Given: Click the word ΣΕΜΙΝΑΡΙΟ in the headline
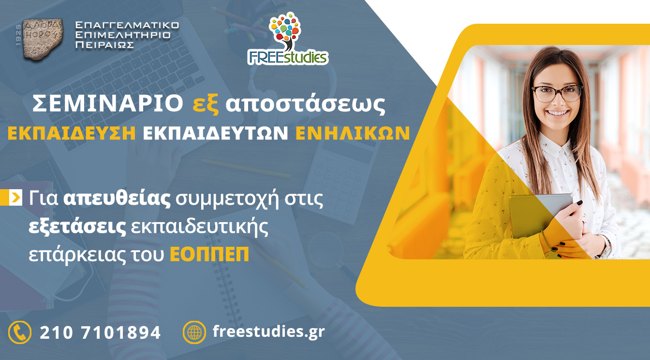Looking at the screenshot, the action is point(108,104).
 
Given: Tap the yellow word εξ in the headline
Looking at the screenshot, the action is point(206,105).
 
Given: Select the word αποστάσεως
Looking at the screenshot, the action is point(306,104).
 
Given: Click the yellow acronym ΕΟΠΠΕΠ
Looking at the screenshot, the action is point(209,254).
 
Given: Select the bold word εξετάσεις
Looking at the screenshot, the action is point(77,227).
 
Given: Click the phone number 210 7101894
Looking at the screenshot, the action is point(100,333).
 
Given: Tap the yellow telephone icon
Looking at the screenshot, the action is point(20,332).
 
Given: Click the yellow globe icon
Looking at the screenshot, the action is point(194,332).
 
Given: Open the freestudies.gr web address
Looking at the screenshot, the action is point(269,332).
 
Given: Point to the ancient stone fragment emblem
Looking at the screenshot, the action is point(43,39).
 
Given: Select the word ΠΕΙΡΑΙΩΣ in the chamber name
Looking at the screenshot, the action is point(104,45).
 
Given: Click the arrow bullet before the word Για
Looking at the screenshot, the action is point(15,197).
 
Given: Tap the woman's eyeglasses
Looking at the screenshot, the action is point(557,94).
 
